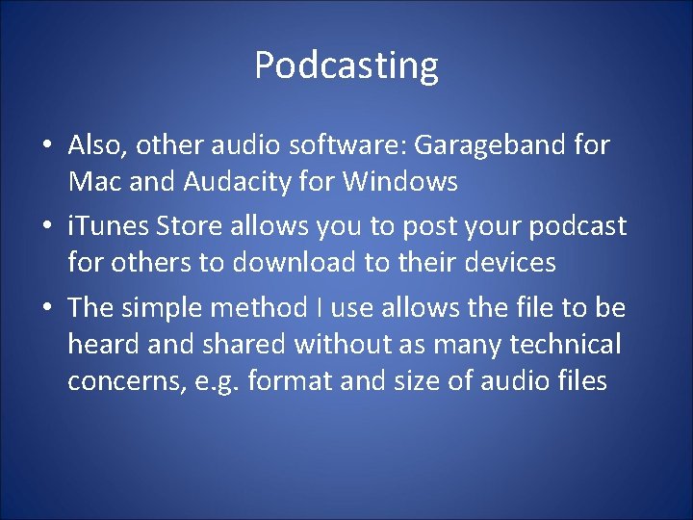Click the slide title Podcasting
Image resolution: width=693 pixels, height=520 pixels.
(346, 65)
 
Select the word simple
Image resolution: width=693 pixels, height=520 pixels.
(166, 308)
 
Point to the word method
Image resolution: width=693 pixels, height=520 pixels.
(257, 308)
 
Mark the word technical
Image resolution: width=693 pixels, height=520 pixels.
(566, 344)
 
